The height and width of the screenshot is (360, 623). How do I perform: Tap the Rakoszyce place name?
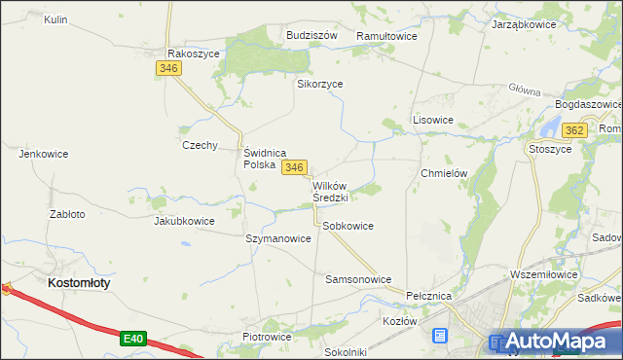click(x=194, y=54)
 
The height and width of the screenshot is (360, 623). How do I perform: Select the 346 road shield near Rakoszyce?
click(x=168, y=68)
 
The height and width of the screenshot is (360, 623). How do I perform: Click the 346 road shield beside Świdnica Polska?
click(x=295, y=168)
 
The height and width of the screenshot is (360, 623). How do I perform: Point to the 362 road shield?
click(x=574, y=130)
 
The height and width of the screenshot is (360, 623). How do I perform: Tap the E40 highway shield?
click(x=134, y=339)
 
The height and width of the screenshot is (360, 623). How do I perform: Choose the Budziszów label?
click(x=311, y=35)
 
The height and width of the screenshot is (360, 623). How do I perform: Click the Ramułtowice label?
click(x=386, y=36)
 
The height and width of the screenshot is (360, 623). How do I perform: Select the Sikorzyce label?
click(x=319, y=84)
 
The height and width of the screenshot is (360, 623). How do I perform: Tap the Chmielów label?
click(x=444, y=173)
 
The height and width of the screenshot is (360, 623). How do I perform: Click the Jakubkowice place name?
click(x=184, y=221)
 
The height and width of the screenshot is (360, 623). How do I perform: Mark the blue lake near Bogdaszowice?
click(x=550, y=127)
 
